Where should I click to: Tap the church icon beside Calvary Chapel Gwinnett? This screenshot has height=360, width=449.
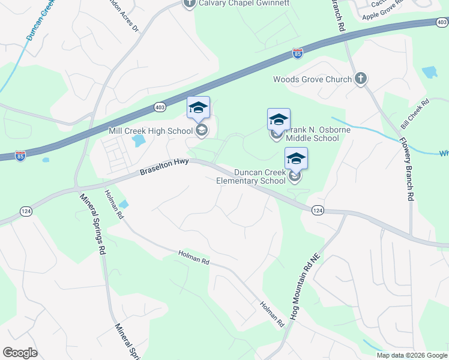point(190,3)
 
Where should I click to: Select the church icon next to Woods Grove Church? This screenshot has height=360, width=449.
point(361,79)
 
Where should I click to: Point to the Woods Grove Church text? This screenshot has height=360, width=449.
point(312,79)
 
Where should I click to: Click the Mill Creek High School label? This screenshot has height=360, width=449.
point(151,130)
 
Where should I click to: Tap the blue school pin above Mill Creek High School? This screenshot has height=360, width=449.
point(199,108)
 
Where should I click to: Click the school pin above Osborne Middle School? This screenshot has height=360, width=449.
point(279,119)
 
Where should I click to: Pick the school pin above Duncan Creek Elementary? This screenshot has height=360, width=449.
point(296,158)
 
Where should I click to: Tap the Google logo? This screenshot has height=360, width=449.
point(20,353)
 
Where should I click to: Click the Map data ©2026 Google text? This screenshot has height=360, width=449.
point(412,355)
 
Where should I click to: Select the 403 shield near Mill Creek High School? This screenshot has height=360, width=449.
point(159,107)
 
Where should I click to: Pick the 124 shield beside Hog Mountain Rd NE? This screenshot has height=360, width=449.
point(318,210)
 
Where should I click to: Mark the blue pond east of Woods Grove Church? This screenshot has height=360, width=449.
point(429,73)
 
